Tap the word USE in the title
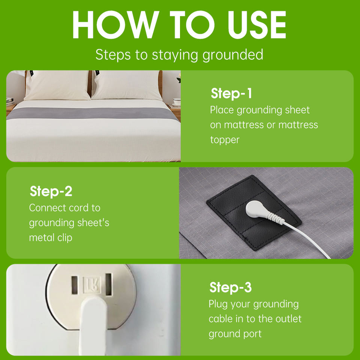point(256,25)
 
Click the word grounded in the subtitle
point(232,55)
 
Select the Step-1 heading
point(231,93)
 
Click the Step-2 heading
point(51,191)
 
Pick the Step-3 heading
point(231,288)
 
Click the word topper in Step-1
point(225,140)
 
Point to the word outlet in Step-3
point(288,319)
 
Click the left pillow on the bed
point(57,85)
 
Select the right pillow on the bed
point(127,85)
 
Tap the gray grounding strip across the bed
point(93,114)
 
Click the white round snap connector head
point(255,208)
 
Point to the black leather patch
point(254,212)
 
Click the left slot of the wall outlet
point(74,285)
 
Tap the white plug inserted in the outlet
point(93,326)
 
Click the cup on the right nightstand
point(177,101)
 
